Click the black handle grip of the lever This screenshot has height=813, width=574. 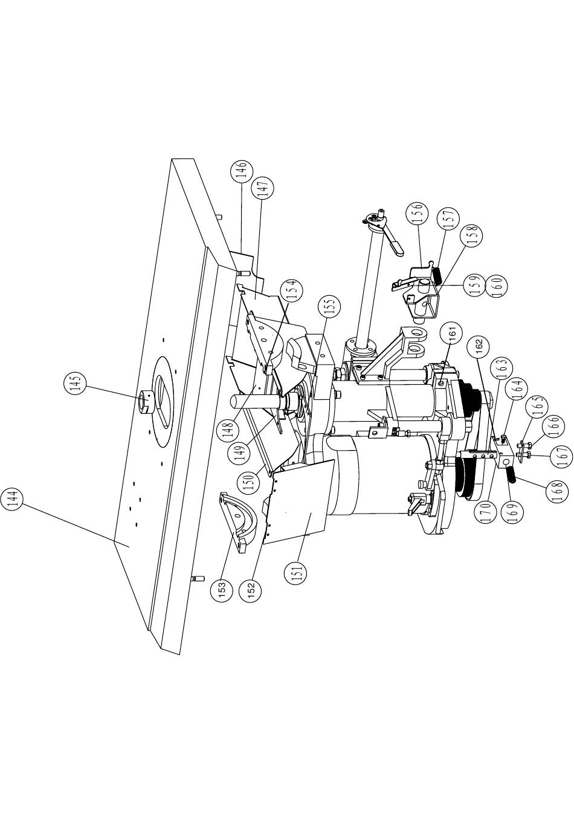396,250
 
